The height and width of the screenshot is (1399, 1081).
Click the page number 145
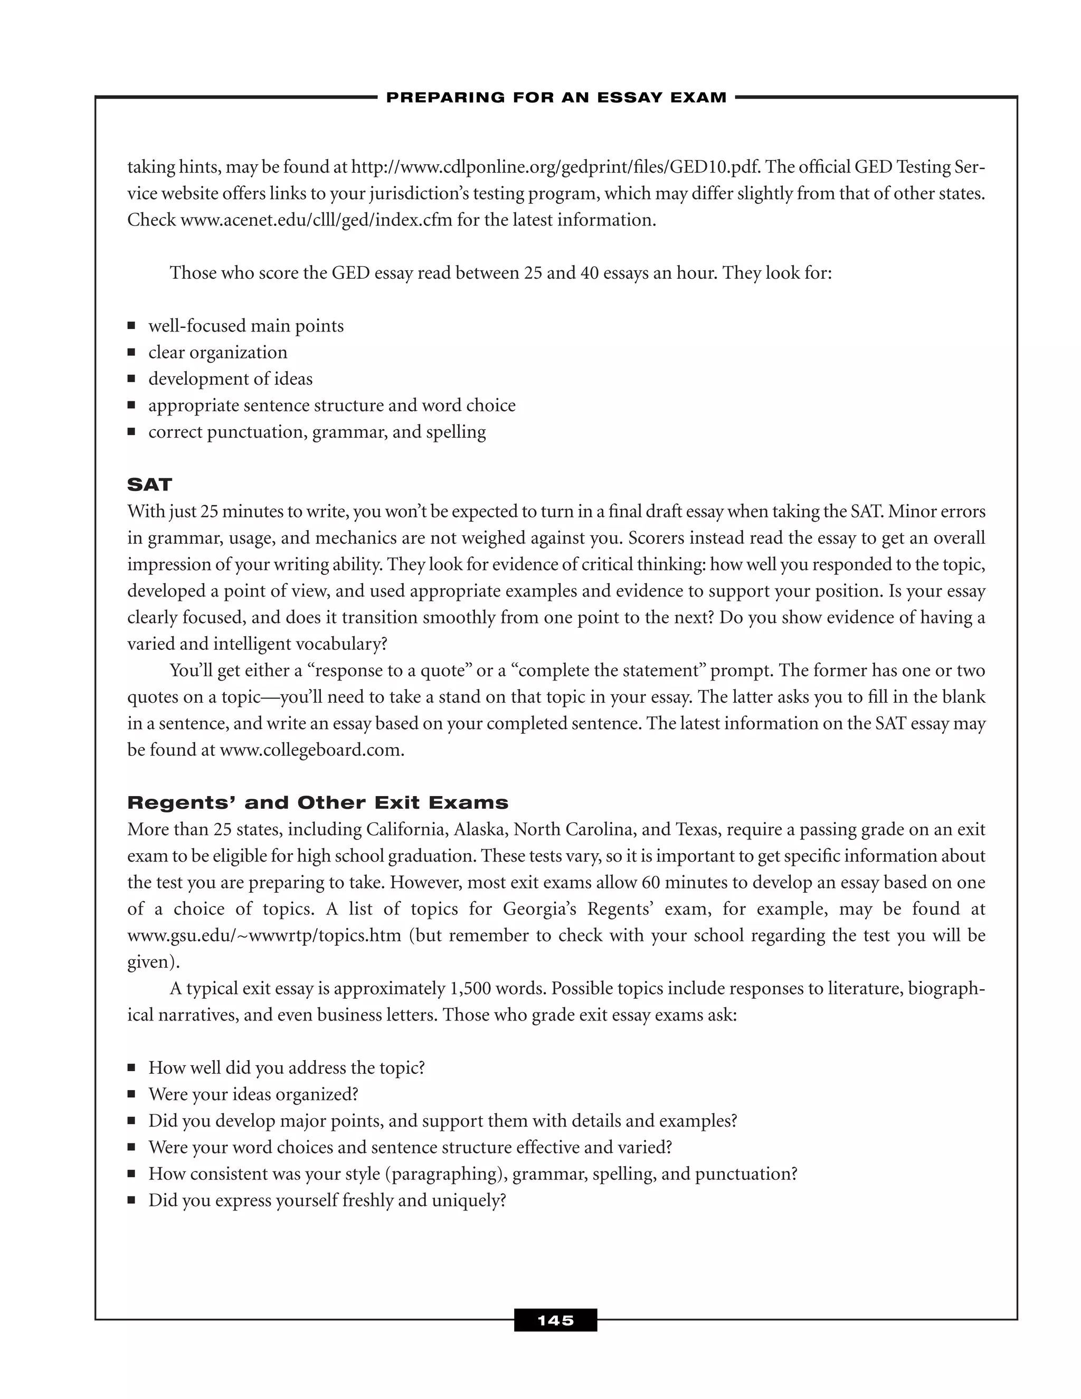[555, 1320]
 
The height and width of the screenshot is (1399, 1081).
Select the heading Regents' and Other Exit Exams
[318, 802]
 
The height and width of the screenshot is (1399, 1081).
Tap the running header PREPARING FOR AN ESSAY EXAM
[556, 97]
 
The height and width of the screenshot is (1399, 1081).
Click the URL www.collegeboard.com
[311, 750]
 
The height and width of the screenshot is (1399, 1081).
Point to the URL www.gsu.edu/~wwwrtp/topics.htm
[264, 935]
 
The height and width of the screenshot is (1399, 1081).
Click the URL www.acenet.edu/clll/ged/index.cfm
[316, 220]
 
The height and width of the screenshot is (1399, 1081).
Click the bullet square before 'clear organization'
[131, 352]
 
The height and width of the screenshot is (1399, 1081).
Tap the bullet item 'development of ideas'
[231, 379]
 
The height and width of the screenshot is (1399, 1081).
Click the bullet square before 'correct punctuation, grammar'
[131, 432]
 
